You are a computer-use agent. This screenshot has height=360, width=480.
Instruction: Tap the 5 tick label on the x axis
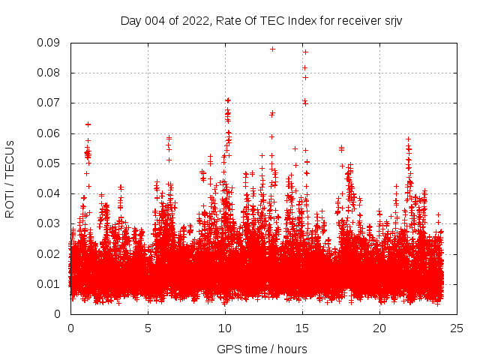coord(148,328)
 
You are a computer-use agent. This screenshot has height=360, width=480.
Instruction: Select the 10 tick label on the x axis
coord(225,328)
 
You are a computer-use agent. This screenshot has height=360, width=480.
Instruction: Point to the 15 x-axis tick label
coord(302,328)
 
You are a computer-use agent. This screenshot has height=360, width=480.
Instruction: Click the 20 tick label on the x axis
coord(379,328)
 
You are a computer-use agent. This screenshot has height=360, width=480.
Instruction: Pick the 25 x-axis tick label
coord(457,328)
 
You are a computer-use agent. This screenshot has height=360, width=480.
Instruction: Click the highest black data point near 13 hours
coord(272,49)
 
